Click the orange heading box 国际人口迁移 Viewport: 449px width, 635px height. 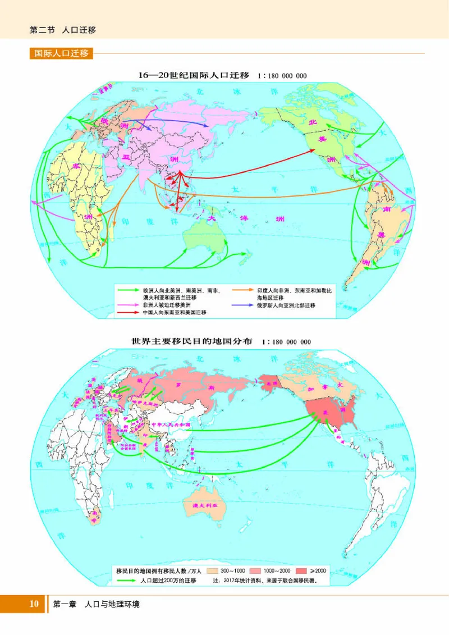[61, 54]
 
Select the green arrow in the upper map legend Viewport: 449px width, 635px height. [129, 290]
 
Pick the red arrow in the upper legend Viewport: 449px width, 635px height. [129, 312]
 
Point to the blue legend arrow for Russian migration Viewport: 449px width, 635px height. [242, 305]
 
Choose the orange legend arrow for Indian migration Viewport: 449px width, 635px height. [242, 290]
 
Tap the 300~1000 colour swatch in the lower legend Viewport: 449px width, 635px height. [222, 570]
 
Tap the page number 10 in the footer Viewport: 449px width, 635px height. [34, 604]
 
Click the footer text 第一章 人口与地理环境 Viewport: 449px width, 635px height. [96, 605]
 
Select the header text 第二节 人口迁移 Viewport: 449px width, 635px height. [62, 30]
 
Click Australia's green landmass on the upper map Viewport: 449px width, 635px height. [205, 236]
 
